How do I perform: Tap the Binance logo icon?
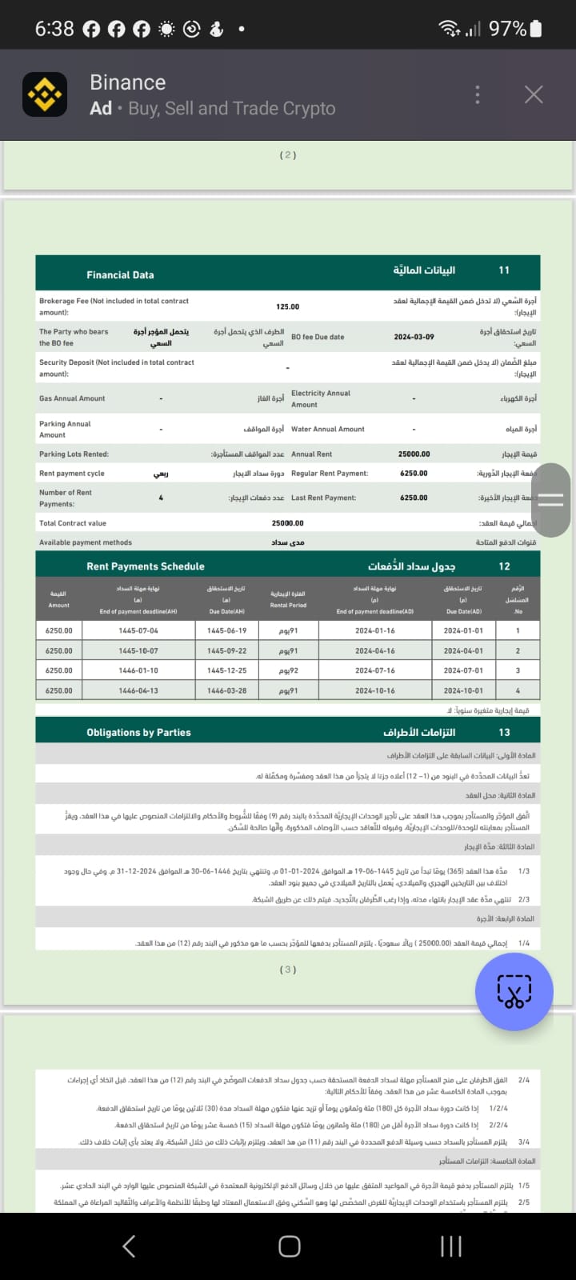pyautogui.click(x=45, y=95)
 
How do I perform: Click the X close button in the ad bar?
pyautogui.click(x=534, y=94)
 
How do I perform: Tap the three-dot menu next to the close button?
pyautogui.click(x=478, y=94)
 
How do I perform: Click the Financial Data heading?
pyautogui.click(x=120, y=274)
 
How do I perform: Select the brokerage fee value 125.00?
pyautogui.click(x=287, y=306)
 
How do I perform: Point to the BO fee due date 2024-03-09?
pyautogui.click(x=414, y=337)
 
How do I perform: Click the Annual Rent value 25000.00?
pyautogui.click(x=414, y=454)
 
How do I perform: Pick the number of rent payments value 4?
pyautogui.click(x=161, y=498)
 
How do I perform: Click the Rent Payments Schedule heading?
pyautogui.click(x=145, y=566)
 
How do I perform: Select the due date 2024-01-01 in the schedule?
pyautogui.click(x=463, y=630)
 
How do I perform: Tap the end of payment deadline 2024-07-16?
pyautogui.click(x=374, y=670)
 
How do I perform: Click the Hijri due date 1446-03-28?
pyautogui.click(x=226, y=690)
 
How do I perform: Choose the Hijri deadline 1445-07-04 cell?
pyautogui.click(x=138, y=630)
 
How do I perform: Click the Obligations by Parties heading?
pyautogui.click(x=138, y=732)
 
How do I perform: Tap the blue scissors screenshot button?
pyautogui.click(x=514, y=991)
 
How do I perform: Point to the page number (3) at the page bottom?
pyautogui.click(x=288, y=969)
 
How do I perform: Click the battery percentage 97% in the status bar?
pyautogui.click(x=507, y=29)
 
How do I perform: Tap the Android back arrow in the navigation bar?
pyautogui.click(x=129, y=1246)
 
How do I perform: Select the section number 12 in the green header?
pyautogui.click(x=504, y=566)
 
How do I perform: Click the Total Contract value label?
pyautogui.click(x=73, y=523)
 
